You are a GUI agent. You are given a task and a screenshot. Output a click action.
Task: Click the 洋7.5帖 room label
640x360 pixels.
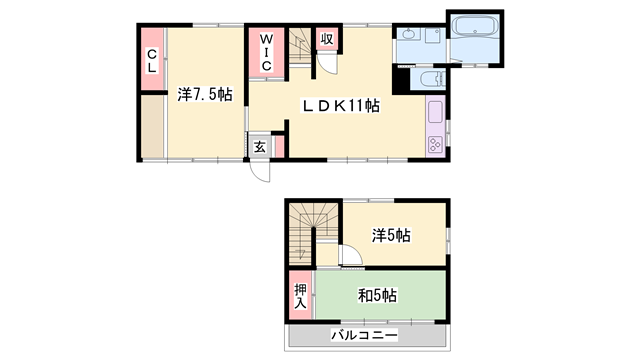tap(205, 95)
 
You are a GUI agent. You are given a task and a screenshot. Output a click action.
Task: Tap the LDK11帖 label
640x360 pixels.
tap(340, 106)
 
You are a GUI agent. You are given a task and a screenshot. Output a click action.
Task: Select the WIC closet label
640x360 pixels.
tap(267, 53)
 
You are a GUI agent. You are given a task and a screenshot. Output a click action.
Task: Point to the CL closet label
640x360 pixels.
tap(152, 60)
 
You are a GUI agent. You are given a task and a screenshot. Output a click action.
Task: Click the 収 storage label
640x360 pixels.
tap(327, 39)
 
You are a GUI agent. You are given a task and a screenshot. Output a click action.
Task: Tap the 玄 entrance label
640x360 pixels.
tap(260, 147)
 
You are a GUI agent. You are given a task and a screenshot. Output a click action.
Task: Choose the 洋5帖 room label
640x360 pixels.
tap(391, 236)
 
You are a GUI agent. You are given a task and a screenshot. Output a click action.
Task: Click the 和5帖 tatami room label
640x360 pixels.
tap(377, 296)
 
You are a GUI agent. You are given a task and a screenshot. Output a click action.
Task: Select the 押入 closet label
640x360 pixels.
tap(301, 296)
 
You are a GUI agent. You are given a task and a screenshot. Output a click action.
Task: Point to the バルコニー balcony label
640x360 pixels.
tap(364, 336)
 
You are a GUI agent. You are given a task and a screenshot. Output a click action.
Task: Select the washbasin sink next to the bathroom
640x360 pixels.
tap(409, 34)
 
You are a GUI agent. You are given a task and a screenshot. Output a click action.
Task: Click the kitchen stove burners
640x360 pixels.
tap(435, 144)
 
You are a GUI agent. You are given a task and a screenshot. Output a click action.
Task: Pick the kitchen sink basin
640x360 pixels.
tap(435, 112)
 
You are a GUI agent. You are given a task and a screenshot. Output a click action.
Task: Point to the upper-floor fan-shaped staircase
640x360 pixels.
tap(313, 233)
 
